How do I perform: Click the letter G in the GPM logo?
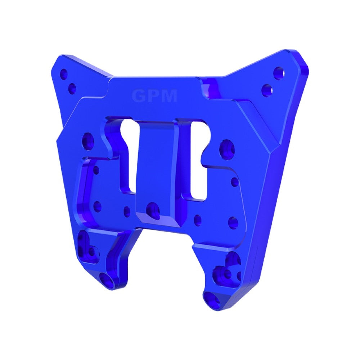point(139,96)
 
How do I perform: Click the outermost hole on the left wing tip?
point(64,75)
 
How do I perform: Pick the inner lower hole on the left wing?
point(72,88)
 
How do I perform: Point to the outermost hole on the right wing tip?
point(279,72)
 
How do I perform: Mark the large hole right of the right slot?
point(227,149)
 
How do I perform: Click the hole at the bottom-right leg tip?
point(210,299)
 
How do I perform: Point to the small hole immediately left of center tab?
point(127,211)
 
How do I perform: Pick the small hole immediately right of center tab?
point(198,220)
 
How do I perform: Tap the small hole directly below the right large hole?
point(234,182)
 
